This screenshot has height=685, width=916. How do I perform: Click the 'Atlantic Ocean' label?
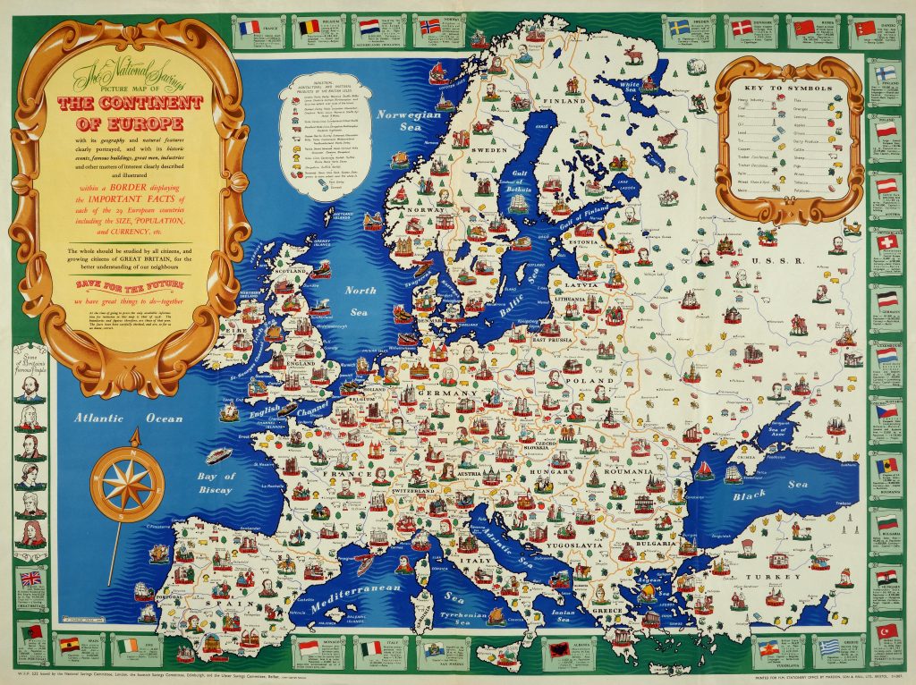[x=115, y=418]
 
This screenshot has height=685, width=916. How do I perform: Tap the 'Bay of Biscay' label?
[x=216, y=483]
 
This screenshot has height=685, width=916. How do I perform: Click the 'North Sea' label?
[x=362, y=301]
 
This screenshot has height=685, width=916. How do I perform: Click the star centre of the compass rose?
[x=127, y=482]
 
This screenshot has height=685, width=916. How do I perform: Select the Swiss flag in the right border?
[x=886, y=243]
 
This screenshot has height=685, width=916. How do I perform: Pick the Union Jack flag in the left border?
[x=31, y=579]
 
